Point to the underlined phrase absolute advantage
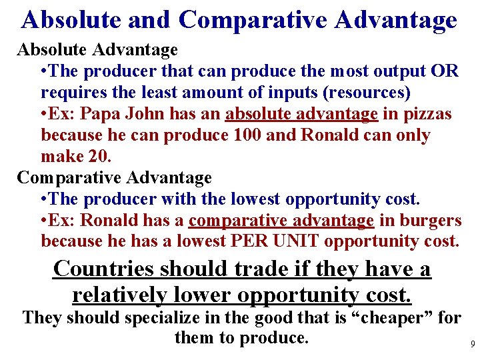pyautogui.click(x=301, y=114)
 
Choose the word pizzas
pyautogui.click(x=427, y=114)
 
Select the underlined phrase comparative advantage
pyautogui.click(x=281, y=220)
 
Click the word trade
pyautogui.click(x=257, y=269)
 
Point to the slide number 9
pyautogui.click(x=472, y=345)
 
